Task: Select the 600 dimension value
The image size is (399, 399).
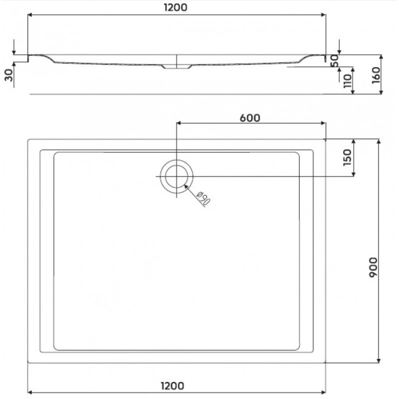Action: click(x=250, y=118)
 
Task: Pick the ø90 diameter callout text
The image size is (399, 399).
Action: click(x=203, y=199)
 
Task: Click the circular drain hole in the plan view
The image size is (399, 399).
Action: click(x=177, y=175)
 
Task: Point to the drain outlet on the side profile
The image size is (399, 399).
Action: click(x=177, y=67)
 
